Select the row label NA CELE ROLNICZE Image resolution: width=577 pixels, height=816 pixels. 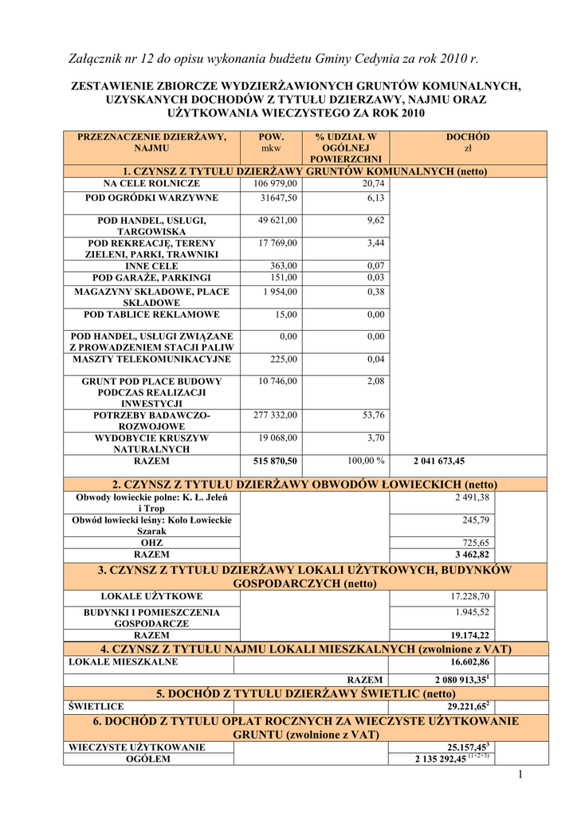click(151, 184)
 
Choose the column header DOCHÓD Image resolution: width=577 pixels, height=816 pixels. click(468, 137)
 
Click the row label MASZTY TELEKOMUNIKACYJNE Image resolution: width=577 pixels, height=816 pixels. click(151, 359)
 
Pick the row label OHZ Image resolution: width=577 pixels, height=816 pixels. click(151, 543)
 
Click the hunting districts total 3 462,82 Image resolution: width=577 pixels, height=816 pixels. click(473, 555)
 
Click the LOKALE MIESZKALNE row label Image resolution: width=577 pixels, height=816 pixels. click(124, 661)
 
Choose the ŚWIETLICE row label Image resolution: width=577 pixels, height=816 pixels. click(96, 706)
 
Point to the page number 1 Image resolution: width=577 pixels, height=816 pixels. click(519, 775)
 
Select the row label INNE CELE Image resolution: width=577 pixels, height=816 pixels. click(151, 265)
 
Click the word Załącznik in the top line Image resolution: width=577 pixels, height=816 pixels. click(100, 58)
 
